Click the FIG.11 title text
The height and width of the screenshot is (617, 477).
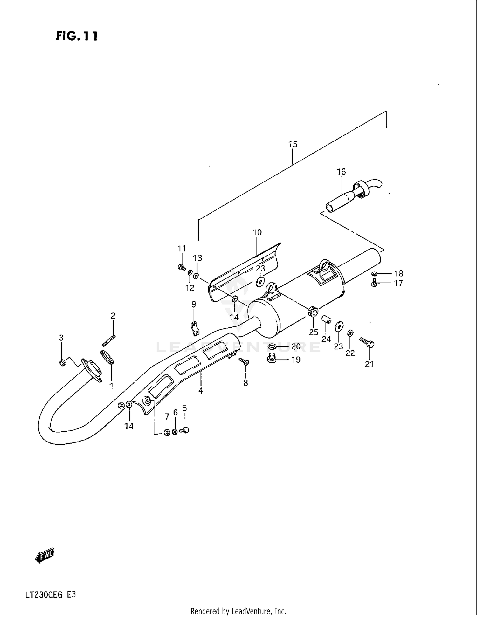point(77,36)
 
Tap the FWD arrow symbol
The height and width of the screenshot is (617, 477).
point(45,556)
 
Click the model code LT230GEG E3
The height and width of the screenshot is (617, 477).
point(51,595)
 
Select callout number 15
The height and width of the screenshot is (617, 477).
point(293,144)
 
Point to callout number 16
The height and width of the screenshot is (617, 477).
point(341,172)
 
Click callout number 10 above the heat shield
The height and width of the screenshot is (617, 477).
point(257,232)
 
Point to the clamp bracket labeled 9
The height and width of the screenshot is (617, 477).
point(194,328)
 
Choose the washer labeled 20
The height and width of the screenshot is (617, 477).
point(273,346)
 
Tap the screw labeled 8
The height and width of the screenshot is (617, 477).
point(244,361)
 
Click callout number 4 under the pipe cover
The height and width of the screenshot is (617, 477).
point(200,391)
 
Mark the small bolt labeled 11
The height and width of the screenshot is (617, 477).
point(182,267)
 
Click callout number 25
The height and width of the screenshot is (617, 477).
point(314,332)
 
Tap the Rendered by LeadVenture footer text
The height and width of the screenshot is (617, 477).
point(238,611)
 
